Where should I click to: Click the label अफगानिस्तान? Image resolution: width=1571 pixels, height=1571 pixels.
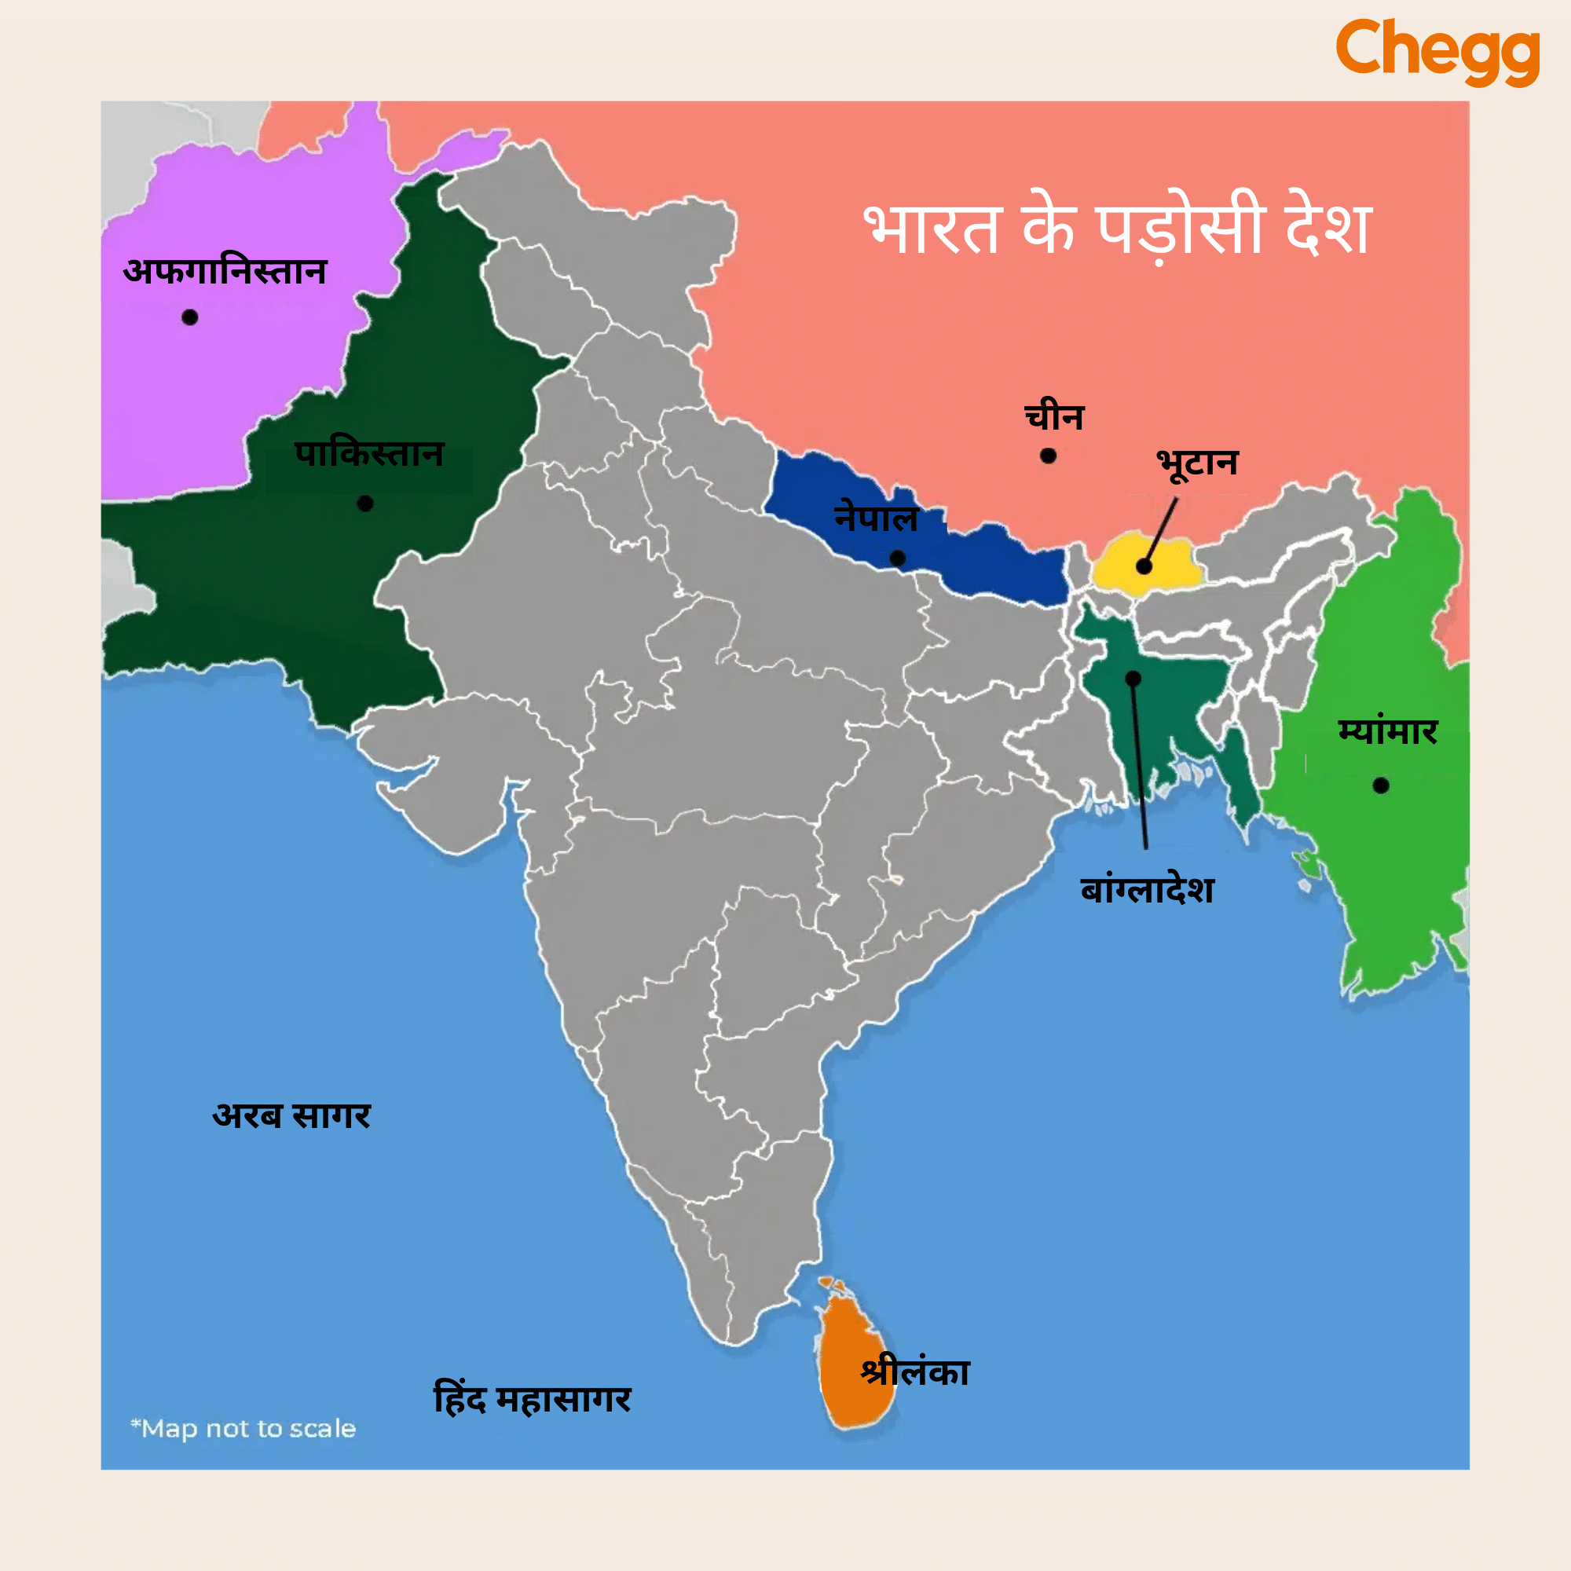[x=225, y=271]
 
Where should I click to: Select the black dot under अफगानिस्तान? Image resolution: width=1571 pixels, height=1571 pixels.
[x=190, y=317]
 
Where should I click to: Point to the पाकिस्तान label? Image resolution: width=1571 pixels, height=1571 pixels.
[x=369, y=454]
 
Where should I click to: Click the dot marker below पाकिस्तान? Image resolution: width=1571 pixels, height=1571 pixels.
[x=365, y=504]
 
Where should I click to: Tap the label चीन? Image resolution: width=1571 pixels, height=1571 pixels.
[x=1054, y=416]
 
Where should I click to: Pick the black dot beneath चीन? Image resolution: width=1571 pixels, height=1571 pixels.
[x=1048, y=456]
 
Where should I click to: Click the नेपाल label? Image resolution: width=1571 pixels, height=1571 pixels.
[x=876, y=518]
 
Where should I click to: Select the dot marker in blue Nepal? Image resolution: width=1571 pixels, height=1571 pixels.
[x=898, y=558]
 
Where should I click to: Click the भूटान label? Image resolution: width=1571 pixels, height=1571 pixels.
[x=1197, y=463]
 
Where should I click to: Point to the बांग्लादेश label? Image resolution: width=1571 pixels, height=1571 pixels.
[x=1148, y=890]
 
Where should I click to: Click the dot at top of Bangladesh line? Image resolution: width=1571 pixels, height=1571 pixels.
[x=1133, y=678]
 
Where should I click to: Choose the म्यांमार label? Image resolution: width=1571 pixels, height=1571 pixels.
[x=1388, y=731]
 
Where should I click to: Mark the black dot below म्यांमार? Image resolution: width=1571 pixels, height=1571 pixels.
[x=1381, y=785]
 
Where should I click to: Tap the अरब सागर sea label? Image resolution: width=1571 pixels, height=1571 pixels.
[x=291, y=1115]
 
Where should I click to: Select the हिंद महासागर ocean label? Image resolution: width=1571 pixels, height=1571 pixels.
[x=533, y=1400]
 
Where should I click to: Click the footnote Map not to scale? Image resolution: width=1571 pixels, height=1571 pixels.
[x=244, y=1429]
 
